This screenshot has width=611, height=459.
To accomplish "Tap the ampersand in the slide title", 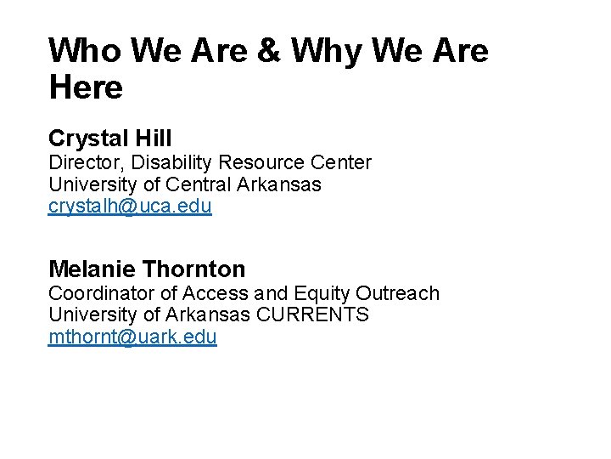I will pos(268,52).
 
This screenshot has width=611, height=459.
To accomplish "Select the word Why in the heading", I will pos(335,52).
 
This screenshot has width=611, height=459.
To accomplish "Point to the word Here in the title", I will pos(86,87).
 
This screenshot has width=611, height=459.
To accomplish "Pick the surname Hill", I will pos(154,139).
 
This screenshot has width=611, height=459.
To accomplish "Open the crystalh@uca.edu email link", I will pos(130,207).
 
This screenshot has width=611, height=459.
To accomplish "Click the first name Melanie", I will pos(91,269).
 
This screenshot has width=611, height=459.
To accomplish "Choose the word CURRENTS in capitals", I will pos(313,315).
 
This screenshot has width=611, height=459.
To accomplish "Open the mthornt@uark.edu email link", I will pos(132,337).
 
